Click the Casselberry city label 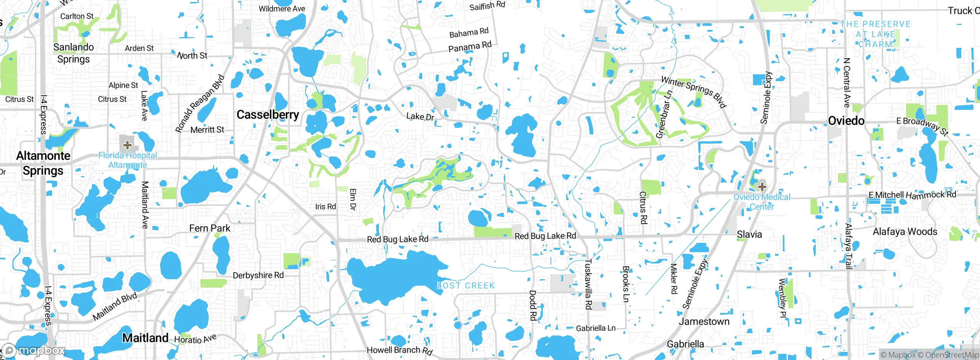(x=268, y=115)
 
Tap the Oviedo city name (x=846, y=121)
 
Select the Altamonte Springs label (x=43, y=163)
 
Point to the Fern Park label (x=209, y=228)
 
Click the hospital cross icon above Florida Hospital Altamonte (x=127, y=145)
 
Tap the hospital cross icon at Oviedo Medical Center (x=762, y=187)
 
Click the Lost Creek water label (x=466, y=286)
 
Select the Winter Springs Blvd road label (x=694, y=92)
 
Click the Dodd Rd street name (x=532, y=305)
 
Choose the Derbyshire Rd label (x=258, y=275)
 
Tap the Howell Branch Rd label (x=399, y=350)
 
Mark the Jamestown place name (x=704, y=321)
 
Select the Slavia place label (x=749, y=234)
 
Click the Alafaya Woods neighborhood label (x=905, y=232)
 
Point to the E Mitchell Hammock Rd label (x=912, y=195)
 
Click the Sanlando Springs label (x=73, y=53)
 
